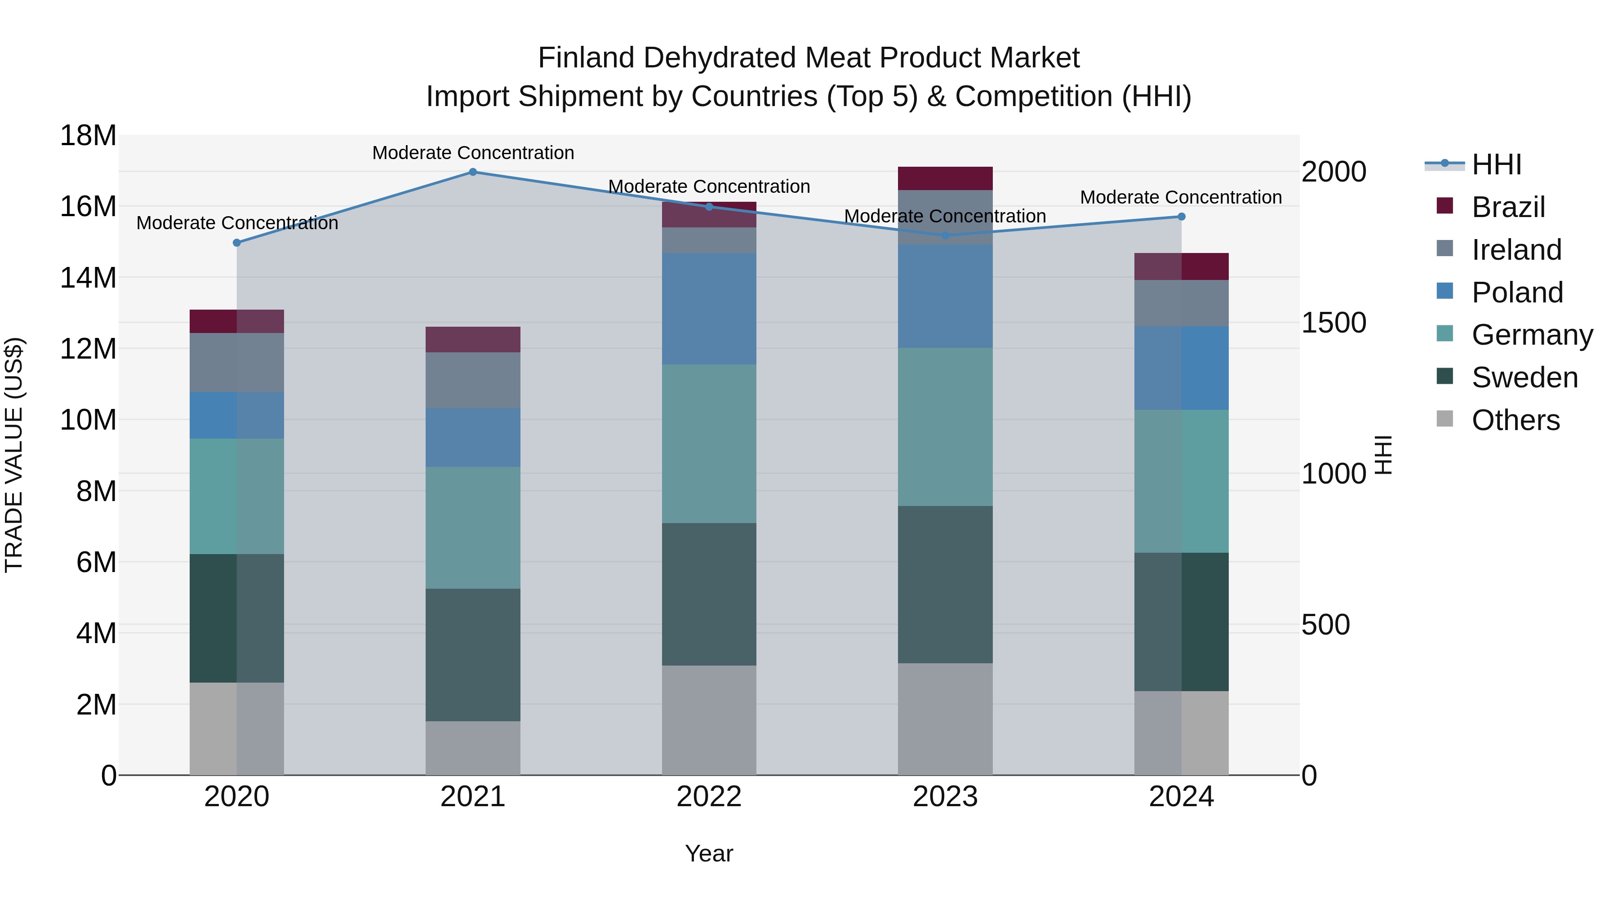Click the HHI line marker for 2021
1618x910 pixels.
point(473,172)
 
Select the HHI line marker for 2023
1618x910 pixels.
point(945,235)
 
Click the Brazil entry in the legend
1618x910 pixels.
point(1507,207)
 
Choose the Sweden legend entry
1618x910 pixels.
point(1524,377)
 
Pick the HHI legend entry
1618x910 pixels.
point(1496,164)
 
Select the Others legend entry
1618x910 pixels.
point(1515,420)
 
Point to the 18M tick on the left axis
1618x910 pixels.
point(88,136)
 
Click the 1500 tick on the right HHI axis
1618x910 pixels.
point(1334,323)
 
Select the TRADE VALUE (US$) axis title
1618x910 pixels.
point(14,455)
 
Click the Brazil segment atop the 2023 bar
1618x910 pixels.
point(945,178)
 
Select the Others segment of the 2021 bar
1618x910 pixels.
point(473,748)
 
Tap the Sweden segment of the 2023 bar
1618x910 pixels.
point(945,584)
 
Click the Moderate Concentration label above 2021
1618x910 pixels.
point(473,153)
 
